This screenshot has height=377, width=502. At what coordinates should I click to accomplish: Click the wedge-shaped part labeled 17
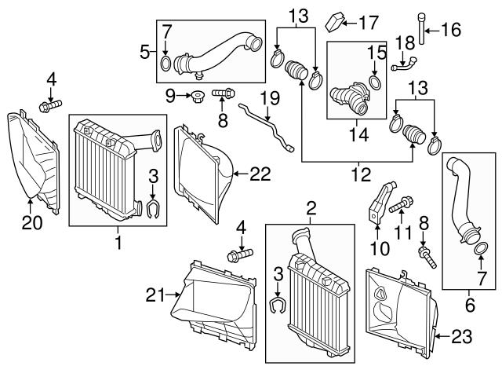pos(336,18)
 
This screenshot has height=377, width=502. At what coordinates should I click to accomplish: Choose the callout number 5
pos(144,53)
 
